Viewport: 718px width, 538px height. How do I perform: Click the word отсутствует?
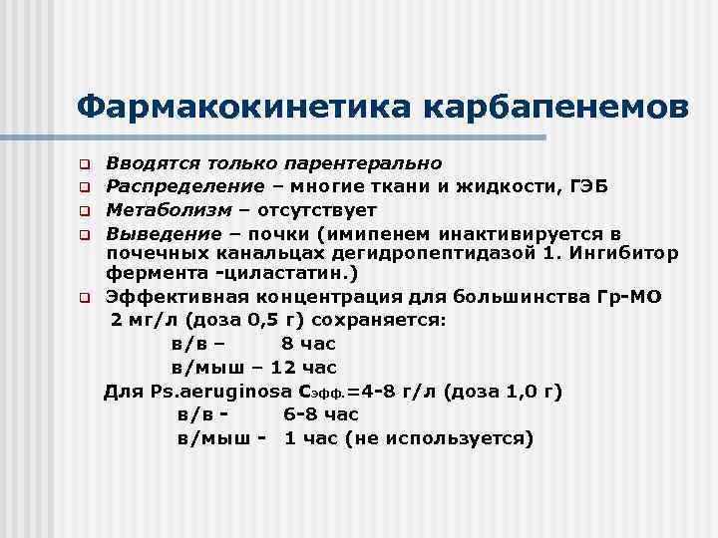(317, 210)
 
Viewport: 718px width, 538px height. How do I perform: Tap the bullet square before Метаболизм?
(87, 211)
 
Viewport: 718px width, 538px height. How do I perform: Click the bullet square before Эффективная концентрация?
(87, 298)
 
